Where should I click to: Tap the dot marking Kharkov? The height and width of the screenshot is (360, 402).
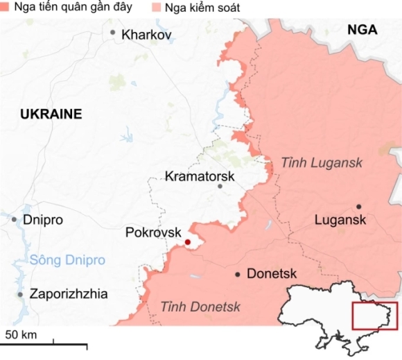tap(113, 33)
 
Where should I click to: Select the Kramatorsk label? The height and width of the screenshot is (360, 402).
tap(200, 176)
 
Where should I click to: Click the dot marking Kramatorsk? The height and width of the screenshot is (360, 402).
tap(220, 186)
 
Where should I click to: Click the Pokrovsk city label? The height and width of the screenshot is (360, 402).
tap(152, 232)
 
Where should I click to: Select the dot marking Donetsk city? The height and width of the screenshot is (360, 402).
tap(238, 275)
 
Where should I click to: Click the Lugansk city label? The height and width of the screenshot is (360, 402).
tap(340, 220)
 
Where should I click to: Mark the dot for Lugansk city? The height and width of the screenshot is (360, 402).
tap(359, 207)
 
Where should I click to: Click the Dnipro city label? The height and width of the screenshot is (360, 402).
tap(43, 220)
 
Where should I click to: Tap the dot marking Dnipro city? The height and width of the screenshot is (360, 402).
tap(14, 219)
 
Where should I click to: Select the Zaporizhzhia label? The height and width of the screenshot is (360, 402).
tap(68, 294)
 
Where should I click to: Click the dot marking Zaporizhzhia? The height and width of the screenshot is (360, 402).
tap(20, 295)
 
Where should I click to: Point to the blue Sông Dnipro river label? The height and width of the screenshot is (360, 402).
tap(67, 261)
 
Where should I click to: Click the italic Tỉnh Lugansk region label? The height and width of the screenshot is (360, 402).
tap(322, 162)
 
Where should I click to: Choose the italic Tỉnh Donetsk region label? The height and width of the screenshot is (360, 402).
tap(200, 306)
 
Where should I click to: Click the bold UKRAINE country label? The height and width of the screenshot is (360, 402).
tap(51, 114)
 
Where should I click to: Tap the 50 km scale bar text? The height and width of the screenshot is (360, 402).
tap(21, 335)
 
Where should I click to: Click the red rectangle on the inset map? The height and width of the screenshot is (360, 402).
tap(375, 316)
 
